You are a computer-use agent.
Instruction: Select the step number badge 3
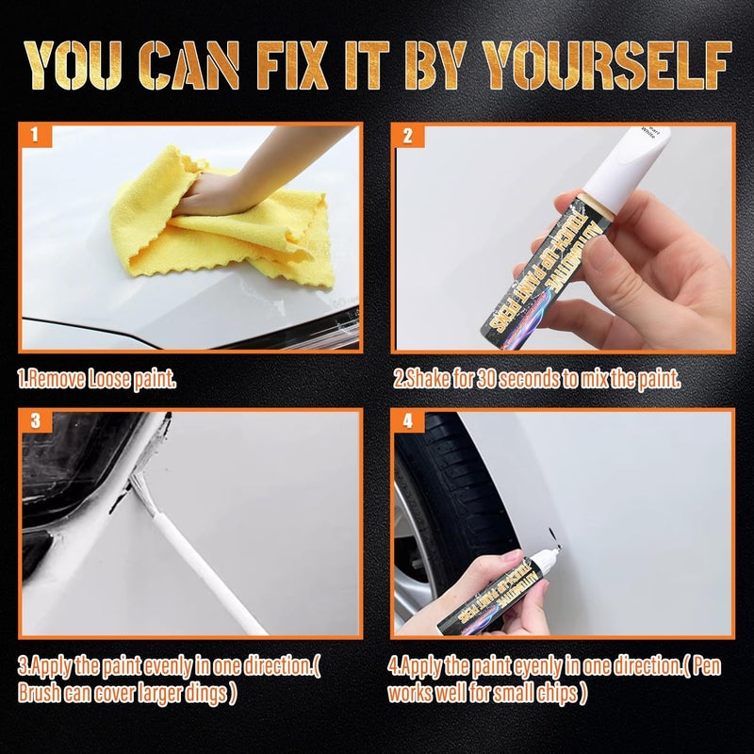click(x=34, y=421)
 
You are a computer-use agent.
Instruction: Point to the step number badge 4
click(x=407, y=421)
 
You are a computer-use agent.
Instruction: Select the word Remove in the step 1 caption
click(x=61, y=380)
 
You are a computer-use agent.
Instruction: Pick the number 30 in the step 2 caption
click(x=486, y=380)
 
